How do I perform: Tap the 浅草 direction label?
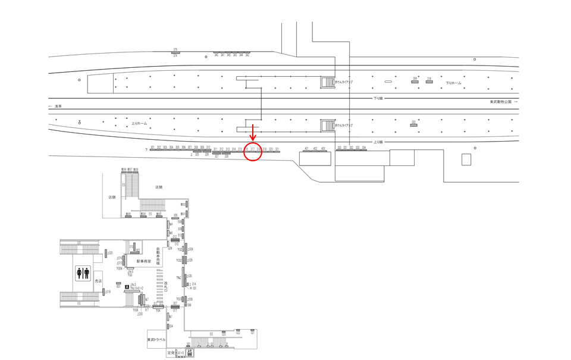coord(58,106)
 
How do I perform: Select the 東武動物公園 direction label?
coord(500,102)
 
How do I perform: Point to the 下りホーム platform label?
coord(454,83)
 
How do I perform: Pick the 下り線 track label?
coord(378,98)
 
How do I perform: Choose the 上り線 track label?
coord(378,142)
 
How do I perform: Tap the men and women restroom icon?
coord(83,273)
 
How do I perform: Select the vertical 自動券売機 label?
coord(158,256)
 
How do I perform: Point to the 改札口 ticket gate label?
coord(165,286)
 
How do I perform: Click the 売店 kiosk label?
coord(99,280)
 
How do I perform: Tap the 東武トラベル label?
coord(157,339)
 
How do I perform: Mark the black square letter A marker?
coord(127,287)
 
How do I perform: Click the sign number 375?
coord(175,49)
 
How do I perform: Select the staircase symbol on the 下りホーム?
coord(327,81)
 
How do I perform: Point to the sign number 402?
coord(315,148)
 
